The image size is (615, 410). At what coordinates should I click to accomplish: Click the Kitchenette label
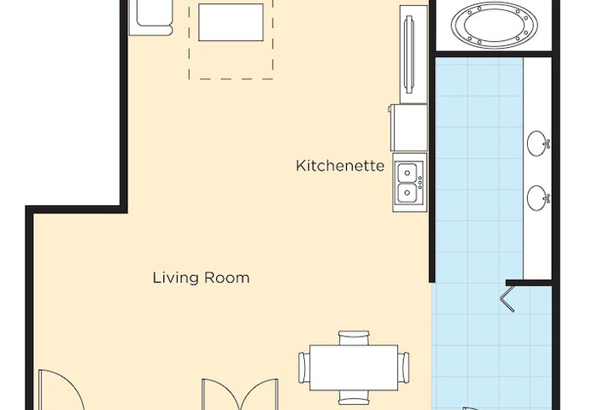tap(340, 165)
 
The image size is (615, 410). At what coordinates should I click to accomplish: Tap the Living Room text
tap(201, 278)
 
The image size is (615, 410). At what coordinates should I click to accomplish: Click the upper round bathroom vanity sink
tap(537, 143)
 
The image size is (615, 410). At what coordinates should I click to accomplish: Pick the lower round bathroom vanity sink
tap(538, 198)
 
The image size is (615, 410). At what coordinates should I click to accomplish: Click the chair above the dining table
tap(354, 337)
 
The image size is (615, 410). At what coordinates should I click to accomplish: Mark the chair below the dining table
tap(354, 397)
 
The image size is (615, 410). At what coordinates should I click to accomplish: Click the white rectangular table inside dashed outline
tap(232, 21)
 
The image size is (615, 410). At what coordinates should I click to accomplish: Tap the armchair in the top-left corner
tap(150, 17)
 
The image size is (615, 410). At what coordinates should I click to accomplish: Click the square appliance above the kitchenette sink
tap(409, 128)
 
